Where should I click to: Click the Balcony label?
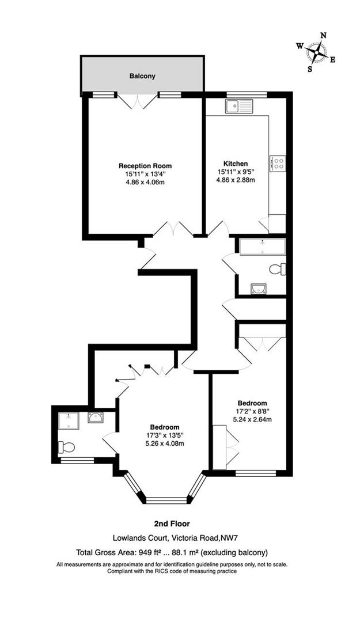(x=142, y=75)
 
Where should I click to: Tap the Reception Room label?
(x=145, y=166)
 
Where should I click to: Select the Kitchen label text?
(x=237, y=163)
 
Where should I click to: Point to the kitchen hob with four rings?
(x=278, y=163)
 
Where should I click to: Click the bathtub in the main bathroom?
(x=262, y=246)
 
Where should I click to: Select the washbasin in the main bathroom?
(x=259, y=289)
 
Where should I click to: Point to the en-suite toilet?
(x=66, y=446)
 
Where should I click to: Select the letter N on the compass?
(x=324, y=36)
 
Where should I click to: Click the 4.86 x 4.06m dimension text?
(x=145, y=182)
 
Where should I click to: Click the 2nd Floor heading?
(x=171, y=524)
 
